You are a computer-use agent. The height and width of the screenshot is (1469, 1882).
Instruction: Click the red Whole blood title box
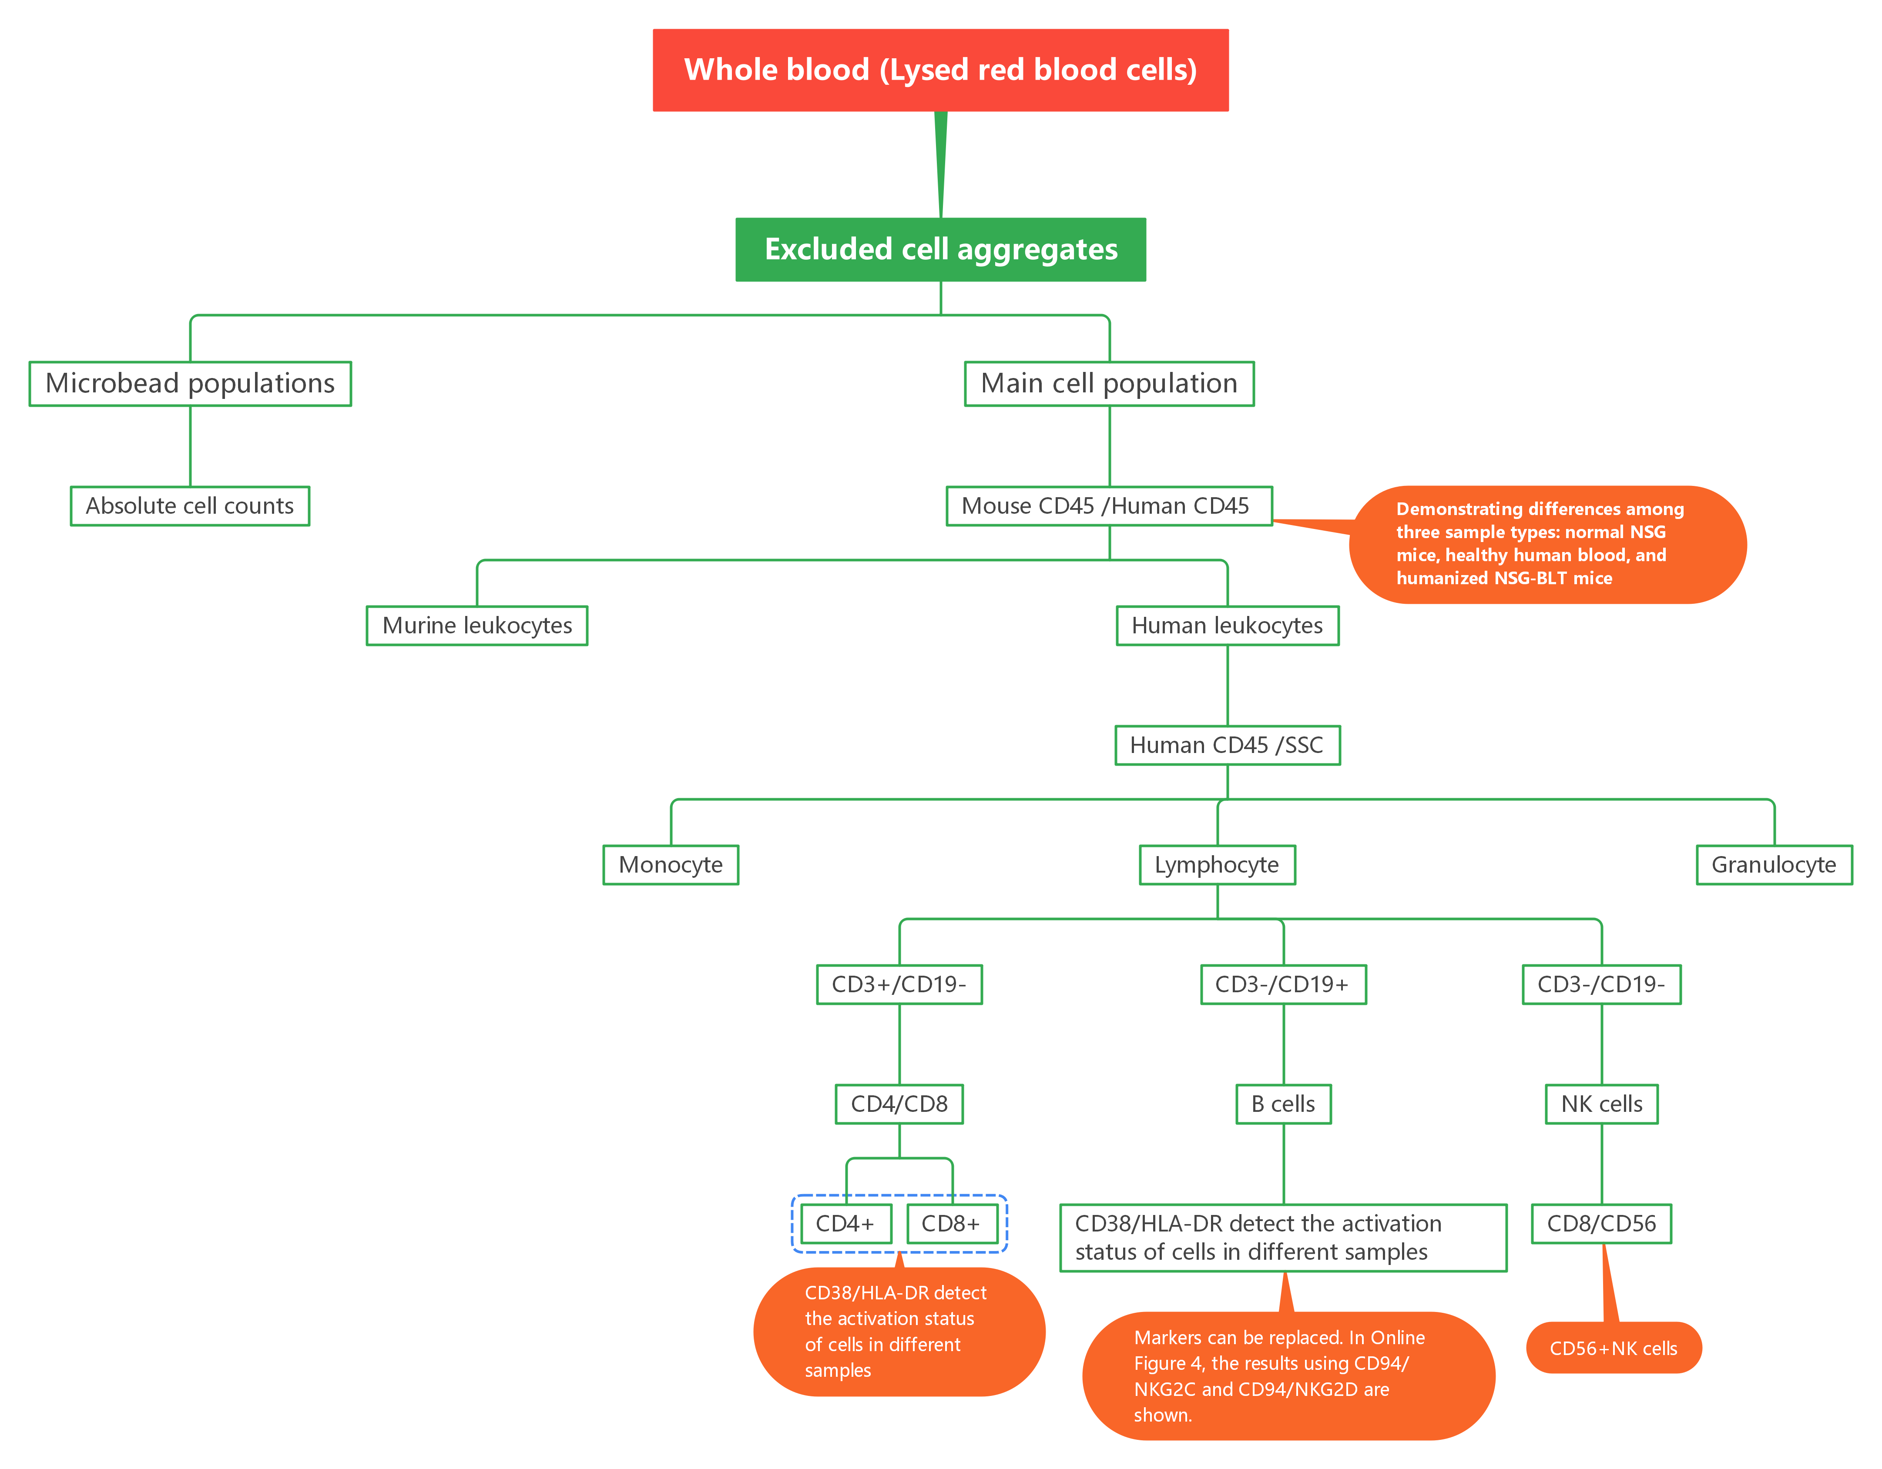tap(940, 70)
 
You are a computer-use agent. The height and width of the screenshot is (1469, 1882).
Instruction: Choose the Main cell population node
tap(1109, 383)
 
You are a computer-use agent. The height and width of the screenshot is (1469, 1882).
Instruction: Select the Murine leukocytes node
tap(476, 626)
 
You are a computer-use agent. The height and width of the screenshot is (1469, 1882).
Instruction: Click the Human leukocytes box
tap(1227, 626)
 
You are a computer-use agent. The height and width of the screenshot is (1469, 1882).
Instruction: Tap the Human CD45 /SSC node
tap(1227, 745)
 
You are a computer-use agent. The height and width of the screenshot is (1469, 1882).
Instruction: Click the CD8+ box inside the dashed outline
tap(951, 1224)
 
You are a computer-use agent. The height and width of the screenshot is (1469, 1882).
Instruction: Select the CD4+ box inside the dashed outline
tap(845, 1224)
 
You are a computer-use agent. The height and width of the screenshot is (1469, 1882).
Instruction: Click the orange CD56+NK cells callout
tap(1613, 1349)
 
